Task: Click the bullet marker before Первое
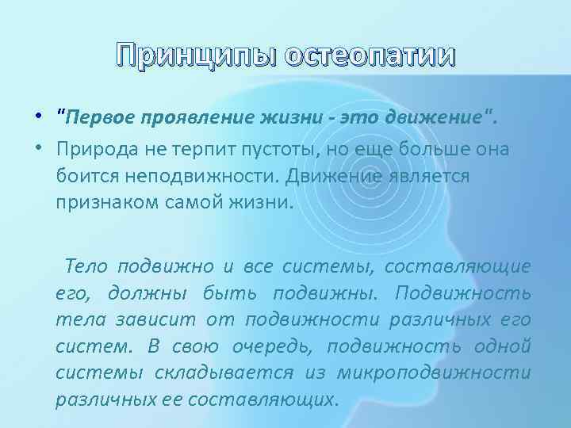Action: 38,120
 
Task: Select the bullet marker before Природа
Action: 38,148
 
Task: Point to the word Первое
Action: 98,120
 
